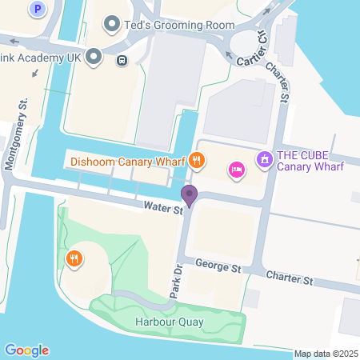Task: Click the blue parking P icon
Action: click(37, 10)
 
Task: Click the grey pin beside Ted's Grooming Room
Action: click(111, 26)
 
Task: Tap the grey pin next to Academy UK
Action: click(94, 58)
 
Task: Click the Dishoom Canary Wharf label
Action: click(128, 162)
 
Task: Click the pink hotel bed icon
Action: click(236, 169)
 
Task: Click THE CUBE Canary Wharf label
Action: click(308, 161)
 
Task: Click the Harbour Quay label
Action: click(169, 322)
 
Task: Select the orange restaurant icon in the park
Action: click(74, 258)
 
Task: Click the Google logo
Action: click(26, 350)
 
